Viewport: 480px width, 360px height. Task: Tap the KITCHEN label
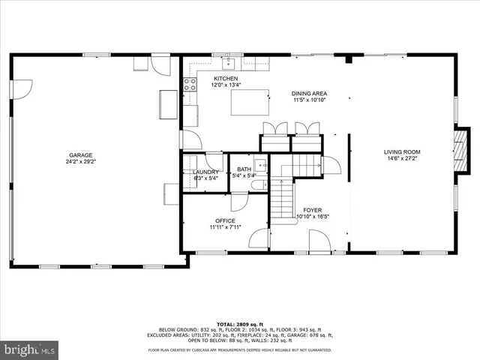226,79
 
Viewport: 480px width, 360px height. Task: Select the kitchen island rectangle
250,101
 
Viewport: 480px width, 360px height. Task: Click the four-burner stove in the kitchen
190,84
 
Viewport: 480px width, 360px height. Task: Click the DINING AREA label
310,94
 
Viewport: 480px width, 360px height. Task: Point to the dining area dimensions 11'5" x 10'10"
310,100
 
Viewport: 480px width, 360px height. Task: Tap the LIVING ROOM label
402,151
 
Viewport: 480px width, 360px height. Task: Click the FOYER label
313,209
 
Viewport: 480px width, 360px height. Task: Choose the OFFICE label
225,220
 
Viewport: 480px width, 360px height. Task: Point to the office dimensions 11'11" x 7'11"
225,227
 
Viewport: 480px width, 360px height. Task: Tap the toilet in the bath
256,185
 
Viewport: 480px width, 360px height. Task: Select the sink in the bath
260,164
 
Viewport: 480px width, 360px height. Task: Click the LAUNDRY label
205,172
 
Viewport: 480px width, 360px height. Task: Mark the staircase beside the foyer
280,199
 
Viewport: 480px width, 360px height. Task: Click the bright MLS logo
30,349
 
